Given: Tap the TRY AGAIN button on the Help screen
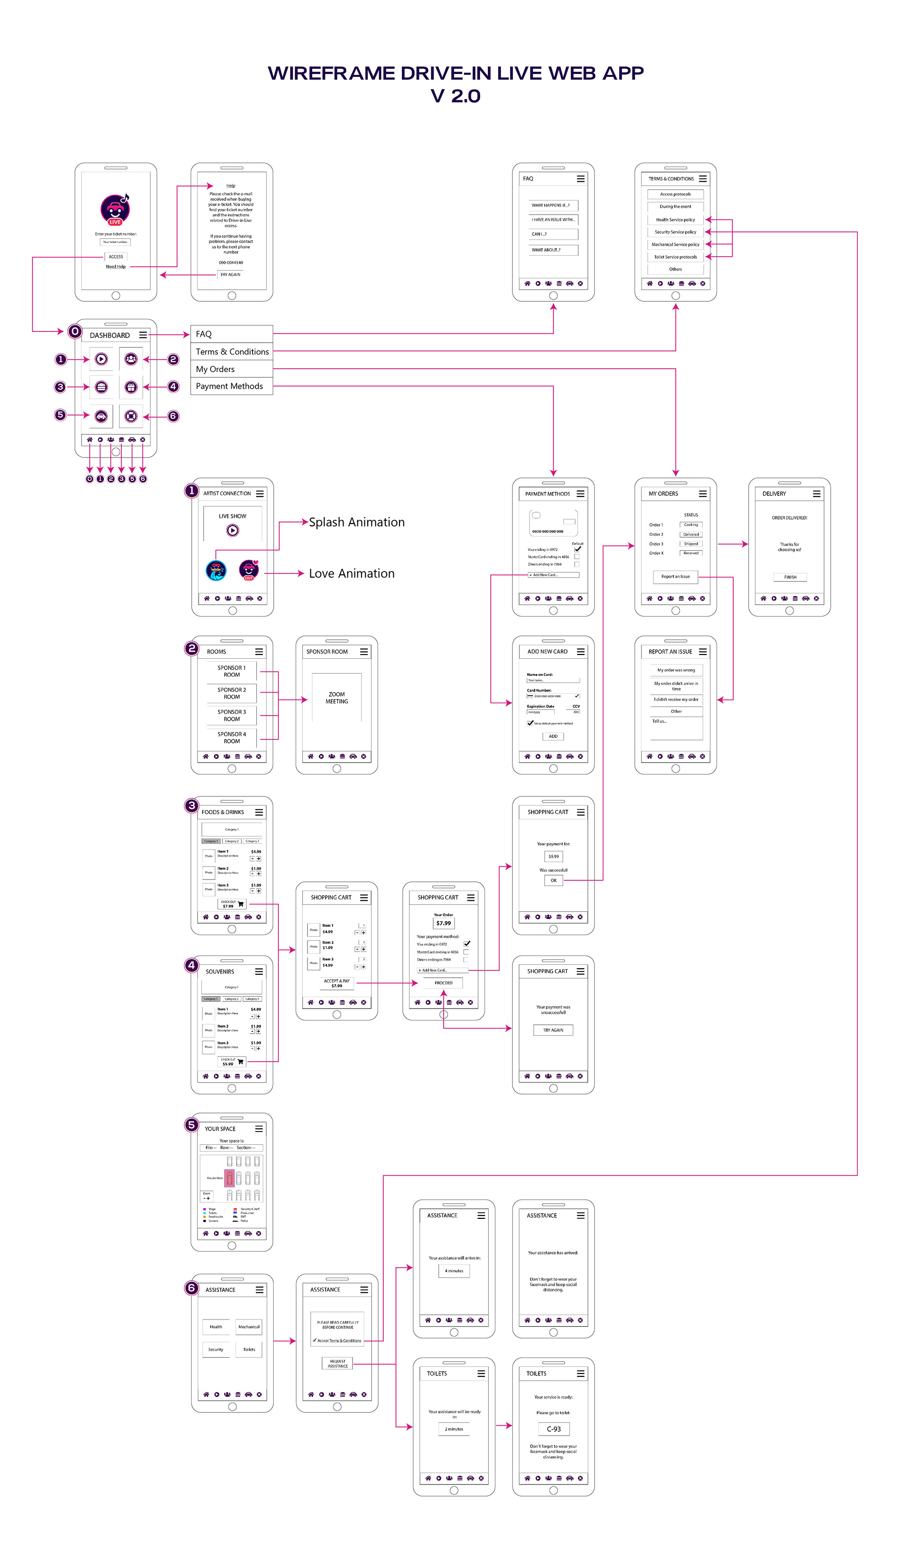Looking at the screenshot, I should pos(231,275).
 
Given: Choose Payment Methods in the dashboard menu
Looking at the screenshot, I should pos(229,386).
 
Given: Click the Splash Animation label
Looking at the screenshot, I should pos(356,522).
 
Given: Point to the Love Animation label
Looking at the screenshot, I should pos(352,573).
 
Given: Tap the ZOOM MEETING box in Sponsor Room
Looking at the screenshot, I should pos(336,698).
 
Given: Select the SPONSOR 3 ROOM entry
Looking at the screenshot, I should pos(232,715).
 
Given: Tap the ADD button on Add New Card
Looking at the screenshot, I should pos(553,736).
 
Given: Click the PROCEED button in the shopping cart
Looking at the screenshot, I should pos(443,982).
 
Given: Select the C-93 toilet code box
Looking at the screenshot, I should pos(553,1429).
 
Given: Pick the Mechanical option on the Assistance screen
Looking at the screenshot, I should pos(249,1327).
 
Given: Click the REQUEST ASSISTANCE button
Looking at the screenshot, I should pos(337,1363).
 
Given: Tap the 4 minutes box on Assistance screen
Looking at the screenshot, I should pos(454,1271).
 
